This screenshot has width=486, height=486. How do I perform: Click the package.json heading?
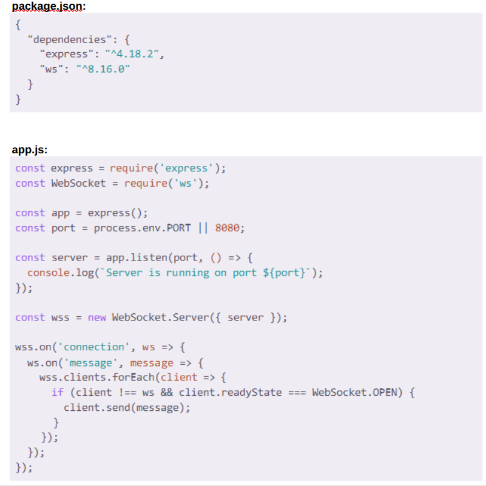click(x=49, y=7)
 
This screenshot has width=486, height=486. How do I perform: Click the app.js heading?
click(x=30, y=150)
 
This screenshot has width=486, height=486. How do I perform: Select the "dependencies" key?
click(x=70, y=39)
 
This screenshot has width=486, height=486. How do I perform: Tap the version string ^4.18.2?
click(x=132, y=55)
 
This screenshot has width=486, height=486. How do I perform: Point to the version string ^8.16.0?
click(x=103, y=69)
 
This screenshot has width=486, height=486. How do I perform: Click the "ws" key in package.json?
click(x=52, y=69)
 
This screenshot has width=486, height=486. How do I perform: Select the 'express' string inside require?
click(x=186, y=168)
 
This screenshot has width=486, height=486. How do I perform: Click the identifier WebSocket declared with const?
click(x=78, y=183)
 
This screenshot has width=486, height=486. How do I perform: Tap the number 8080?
click(x=227, y=228)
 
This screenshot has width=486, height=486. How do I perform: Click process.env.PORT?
click(x=142, y=228)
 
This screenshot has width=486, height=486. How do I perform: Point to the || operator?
click(x=203, y=228)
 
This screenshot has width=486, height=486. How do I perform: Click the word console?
click(x=49, y=273)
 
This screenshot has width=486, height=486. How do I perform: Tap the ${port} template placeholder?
click(x=284, y=273)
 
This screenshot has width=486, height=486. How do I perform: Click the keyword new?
click(x=97, y=318)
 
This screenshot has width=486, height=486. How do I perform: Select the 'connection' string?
click(x=94, y=347)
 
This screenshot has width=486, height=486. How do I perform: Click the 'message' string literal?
click(x=91, y=363)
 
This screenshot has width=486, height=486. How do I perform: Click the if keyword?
click(x=58, y=393)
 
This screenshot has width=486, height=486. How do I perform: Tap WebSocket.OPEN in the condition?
click(x=354, y=393)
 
